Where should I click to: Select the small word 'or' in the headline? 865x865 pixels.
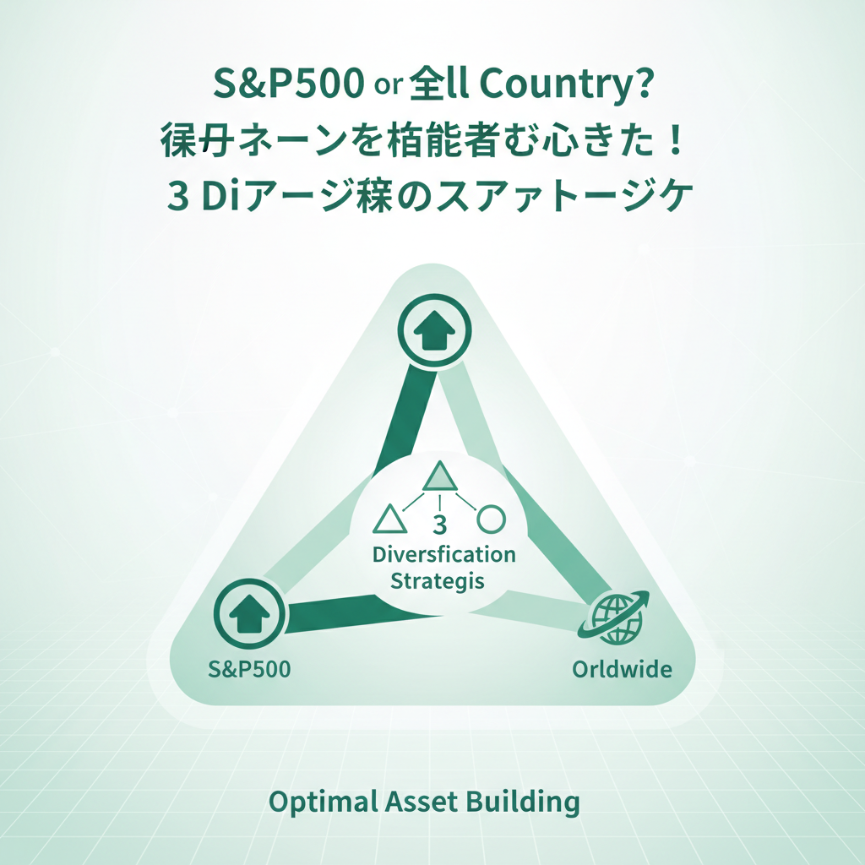pyautogui.click(x=390, y=90)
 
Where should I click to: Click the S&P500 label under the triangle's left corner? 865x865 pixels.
pyautogui.click(x=249, y=670)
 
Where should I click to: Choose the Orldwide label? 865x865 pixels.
pyautogui.click(x=622, y=670)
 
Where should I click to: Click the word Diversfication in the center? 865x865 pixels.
pyautogui.click(x=444, y=555)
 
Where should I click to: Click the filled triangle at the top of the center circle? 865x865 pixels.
pyautogui.click(x=439, y=476)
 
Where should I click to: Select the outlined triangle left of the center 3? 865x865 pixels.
pyautogui.click(x=389, y=519)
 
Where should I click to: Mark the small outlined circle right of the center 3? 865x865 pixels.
pyautogui.click(x=491, y=517)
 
